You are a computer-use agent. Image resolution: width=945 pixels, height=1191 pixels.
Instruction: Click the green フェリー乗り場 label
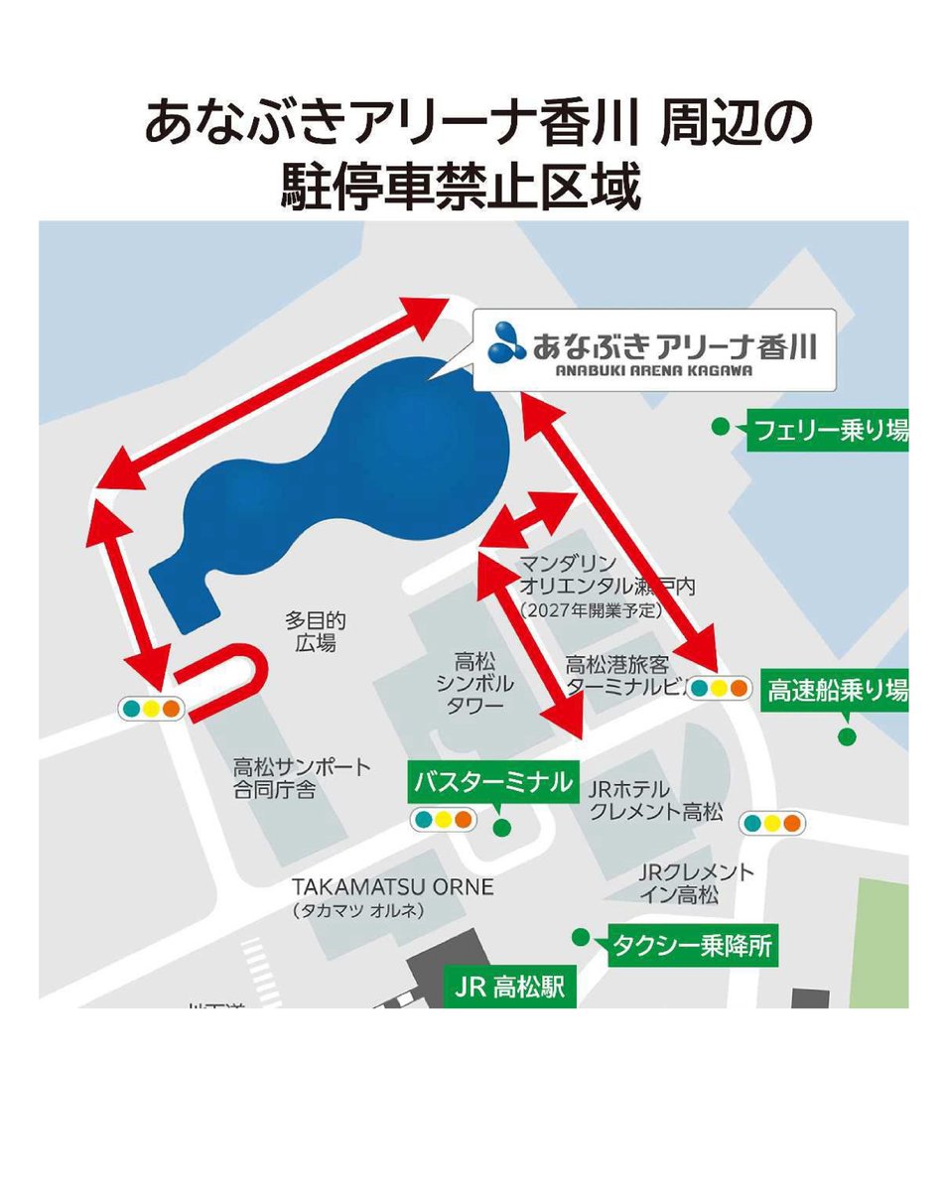(x=826, y=432)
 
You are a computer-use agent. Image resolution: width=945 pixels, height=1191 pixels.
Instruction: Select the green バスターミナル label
(x=493, y=782)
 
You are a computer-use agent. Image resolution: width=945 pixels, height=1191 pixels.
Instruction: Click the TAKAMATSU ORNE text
(x=393, y=886)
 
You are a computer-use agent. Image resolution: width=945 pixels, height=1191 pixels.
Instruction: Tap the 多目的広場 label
(x=316, y=631)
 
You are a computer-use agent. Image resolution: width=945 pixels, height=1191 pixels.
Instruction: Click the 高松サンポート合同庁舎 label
(x=302, y=779)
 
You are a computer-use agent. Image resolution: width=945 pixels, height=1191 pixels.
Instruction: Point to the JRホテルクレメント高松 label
(x=655, y=800)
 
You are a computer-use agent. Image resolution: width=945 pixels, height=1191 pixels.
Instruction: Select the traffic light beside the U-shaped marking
(x=150, y=709)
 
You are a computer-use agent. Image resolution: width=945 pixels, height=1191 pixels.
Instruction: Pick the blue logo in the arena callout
(x=508, y=342)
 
